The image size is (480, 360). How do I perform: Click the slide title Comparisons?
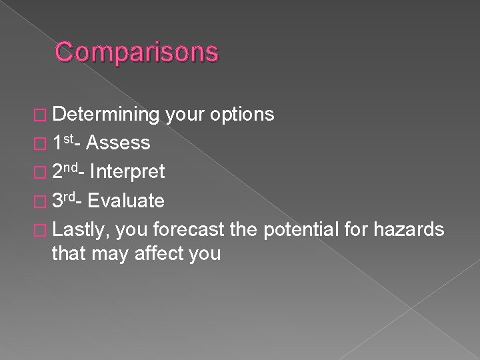pos(136,52)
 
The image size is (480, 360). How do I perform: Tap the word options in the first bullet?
pos(241,115)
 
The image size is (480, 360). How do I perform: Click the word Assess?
pos(118,143)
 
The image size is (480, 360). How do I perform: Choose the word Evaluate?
pos(127,201)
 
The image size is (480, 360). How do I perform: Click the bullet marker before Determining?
pos(43,115)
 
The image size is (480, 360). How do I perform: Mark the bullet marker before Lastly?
pos(43,230)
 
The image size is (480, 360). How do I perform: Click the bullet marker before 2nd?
pos(43,173)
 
